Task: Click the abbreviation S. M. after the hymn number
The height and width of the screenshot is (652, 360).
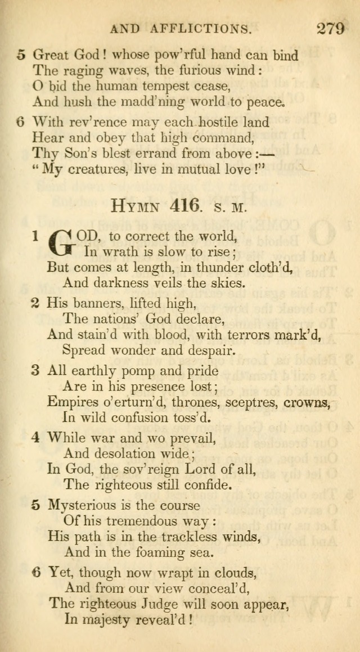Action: click(230, 207)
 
